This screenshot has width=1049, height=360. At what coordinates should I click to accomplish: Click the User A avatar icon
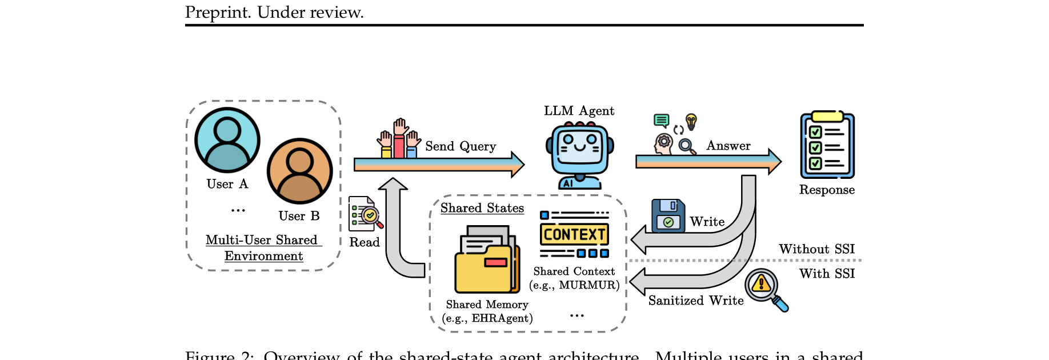pos(227,140)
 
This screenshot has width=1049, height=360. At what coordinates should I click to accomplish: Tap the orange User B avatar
pos(299,171)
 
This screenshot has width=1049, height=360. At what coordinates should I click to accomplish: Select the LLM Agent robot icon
pos(579,155)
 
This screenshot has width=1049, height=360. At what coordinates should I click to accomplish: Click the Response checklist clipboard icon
pos(827,145)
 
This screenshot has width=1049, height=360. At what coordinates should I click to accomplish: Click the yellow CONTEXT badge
pos(574,234)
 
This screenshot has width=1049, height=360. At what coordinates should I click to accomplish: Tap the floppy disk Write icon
pos(668,215)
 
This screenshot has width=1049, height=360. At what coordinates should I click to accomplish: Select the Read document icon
pos(365,214)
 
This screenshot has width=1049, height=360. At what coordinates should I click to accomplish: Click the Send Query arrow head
pos(517,165)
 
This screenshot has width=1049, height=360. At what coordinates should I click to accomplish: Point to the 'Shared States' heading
pos(482,208)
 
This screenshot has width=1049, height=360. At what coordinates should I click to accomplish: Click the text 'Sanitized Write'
pos(695,301)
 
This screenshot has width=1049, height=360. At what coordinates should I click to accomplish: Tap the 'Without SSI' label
pos(816,249)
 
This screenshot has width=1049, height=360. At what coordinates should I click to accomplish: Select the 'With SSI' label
pos(827,274)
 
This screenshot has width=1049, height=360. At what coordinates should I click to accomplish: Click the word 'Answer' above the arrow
pos(728,146)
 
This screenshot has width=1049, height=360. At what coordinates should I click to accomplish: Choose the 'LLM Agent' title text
pos(579,111)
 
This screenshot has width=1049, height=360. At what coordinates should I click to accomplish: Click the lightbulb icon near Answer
pos(691,122)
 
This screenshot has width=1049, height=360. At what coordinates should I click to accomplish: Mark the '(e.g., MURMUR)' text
pos(574,285)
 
